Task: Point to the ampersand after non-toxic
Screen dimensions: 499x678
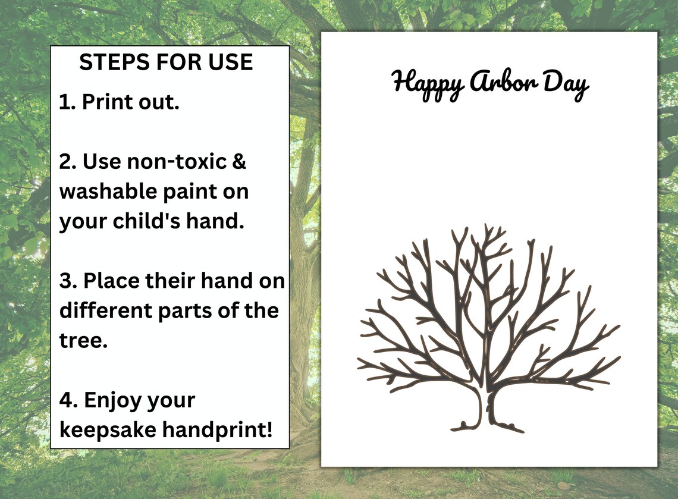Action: [238, 161]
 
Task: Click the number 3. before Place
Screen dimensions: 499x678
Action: [68, 281]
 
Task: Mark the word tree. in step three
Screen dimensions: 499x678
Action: [83, 341]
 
